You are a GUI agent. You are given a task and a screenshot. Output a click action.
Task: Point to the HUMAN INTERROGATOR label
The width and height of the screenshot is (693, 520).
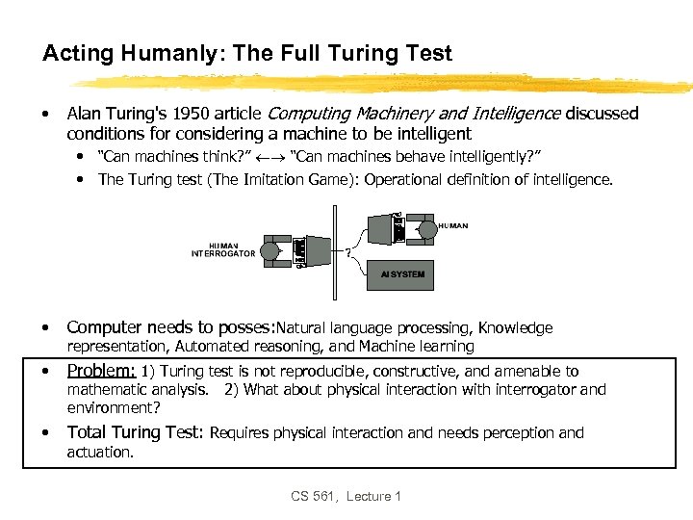pos(223,249)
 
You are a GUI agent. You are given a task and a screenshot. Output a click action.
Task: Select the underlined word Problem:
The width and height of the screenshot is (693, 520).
pos(101,371)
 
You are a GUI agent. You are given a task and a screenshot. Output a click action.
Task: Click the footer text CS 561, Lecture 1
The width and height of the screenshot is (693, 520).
pos(346,496)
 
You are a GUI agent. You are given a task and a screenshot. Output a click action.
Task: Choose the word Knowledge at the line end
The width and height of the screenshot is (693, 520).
pos(516,328)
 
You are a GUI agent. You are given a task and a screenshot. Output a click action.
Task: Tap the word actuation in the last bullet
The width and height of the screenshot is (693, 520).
pos(99,452)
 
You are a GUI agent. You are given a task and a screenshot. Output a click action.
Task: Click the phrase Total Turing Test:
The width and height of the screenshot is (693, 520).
pos(136,433)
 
